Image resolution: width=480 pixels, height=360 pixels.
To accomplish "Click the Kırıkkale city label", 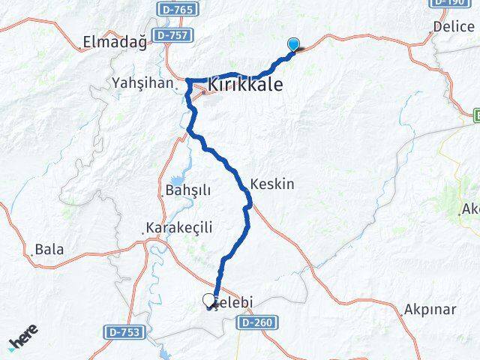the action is (x=245, y=85).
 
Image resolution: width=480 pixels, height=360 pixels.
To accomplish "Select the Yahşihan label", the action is (x=142, y=82).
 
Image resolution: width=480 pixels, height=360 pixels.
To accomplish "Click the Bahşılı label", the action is (x=183, y=190).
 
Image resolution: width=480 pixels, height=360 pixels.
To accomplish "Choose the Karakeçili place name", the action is (x=180, y=227).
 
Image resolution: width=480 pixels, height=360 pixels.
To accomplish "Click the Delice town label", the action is (x=454, y=26).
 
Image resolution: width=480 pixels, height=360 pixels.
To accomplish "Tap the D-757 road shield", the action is (x=172, y=35).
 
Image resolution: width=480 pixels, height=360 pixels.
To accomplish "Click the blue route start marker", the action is (x=293, y=45).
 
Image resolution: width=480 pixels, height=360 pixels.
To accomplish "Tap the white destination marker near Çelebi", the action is (x=208, y=300).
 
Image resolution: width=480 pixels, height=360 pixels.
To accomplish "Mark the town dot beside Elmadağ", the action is (x=81, y=46).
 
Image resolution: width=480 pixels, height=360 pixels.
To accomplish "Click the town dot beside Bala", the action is (x=32, y=254).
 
